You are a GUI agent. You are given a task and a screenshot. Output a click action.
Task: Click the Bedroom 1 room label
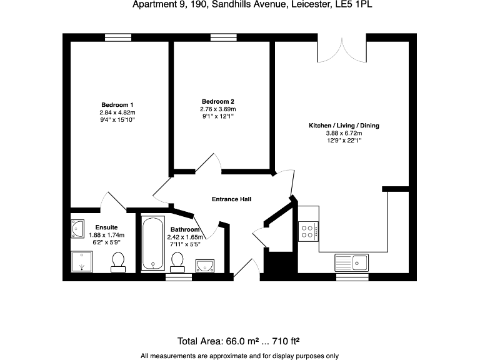click(x=117, y=104)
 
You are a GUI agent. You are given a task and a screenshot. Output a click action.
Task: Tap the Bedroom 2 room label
click(x=217, y=101)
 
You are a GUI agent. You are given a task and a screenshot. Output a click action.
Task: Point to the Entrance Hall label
click(x=231, y=199)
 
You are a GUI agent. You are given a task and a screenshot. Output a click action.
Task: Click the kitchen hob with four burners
click(x=308, y=232)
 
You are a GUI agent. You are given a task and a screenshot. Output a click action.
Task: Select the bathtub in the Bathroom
click(x=151, y=243)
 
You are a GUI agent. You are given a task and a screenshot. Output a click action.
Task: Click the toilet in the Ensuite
click(x=117, y=262)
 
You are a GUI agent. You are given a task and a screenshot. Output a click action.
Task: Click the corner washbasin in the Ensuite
click(x=77, y=229)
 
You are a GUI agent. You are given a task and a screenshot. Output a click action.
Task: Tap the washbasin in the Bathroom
click(x=204, y=266)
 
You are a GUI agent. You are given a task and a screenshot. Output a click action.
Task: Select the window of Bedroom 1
click(x=117, y=37)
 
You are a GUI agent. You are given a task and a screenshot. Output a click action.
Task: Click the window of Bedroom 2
click(x=224, y=37)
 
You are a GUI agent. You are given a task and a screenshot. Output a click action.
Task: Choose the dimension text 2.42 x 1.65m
click(x=184, y=237)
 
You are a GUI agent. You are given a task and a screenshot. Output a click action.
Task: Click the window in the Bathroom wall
click(x=178, y=277)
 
